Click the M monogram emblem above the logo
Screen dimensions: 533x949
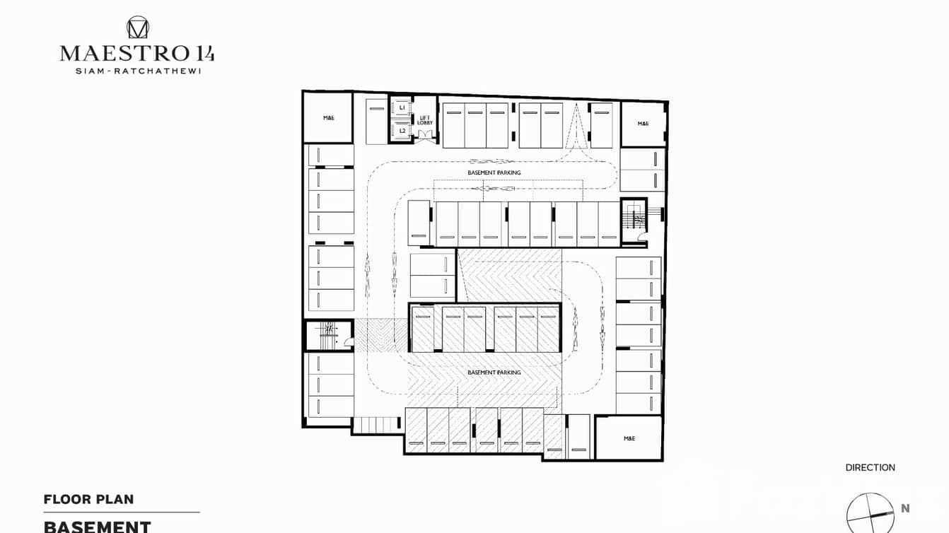[137, 28]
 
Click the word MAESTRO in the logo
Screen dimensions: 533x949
[123, 53]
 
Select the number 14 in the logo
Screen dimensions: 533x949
[204, 53]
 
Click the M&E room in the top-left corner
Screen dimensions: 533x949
[328, 117]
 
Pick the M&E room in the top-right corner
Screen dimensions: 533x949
[643, 124]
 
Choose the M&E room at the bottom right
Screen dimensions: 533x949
[629, 438]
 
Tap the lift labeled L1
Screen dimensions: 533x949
[402, 107]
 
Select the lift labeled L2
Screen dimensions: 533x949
[402, 131]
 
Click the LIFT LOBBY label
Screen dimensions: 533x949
[424, 120]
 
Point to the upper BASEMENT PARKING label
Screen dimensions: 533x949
[494, 172]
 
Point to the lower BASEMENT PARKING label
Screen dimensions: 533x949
[494, 373]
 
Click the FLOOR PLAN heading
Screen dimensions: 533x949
[88, 499]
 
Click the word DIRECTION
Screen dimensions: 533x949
[870, 467]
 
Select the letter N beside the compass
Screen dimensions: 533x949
[905, 508]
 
